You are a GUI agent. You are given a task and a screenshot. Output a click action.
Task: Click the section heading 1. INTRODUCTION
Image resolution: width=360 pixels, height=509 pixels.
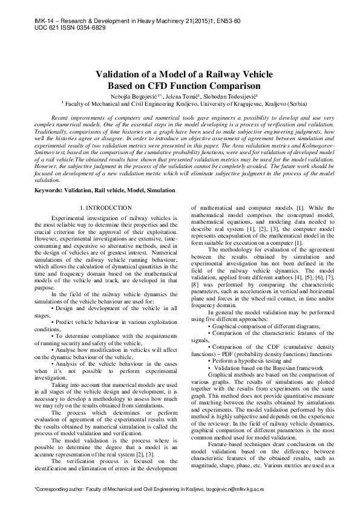pos(106,208)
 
